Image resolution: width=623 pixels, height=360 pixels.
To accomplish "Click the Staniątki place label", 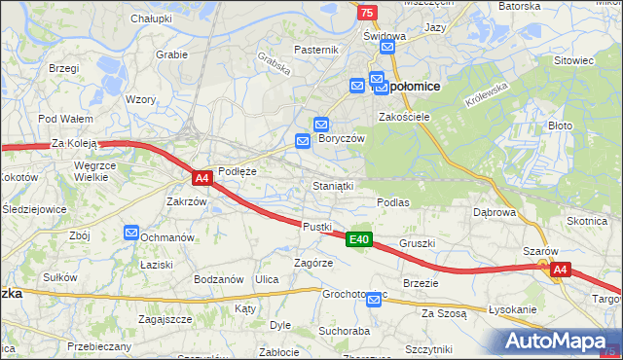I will (333, 185).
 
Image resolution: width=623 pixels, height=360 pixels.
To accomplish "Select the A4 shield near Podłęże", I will (202, 178).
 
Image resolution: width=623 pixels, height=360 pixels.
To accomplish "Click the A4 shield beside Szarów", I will (559, 270).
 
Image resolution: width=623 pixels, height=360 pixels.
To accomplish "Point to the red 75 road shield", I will (366, 12).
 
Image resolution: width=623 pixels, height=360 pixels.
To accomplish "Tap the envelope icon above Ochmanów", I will (132, 232).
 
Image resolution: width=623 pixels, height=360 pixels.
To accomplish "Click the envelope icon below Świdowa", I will (387, 47).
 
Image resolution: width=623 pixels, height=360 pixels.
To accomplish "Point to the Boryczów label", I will (342, 139).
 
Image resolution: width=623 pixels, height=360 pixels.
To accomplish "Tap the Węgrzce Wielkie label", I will (103, 171).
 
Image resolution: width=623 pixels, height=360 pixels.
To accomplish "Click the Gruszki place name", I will (417, 243).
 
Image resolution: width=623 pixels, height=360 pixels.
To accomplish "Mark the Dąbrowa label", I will (494, 211).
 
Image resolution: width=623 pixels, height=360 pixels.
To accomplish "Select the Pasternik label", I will (315, 50).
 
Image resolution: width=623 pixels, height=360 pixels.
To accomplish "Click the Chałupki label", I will (151, 18).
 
